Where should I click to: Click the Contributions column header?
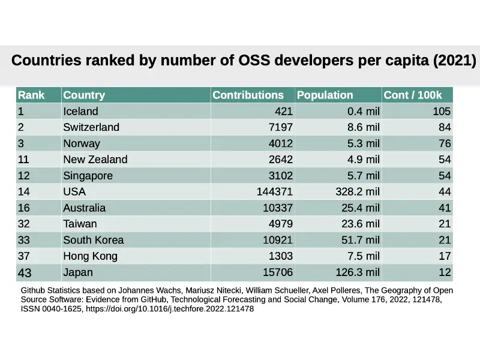pyautogui.click(x=248, y=95)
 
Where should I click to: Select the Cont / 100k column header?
pyautogui.click(x=412, y=95)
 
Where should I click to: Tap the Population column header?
pyautogui.click(x=325, y=95)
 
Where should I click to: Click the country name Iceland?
pyautogui.click(x=80, y=111)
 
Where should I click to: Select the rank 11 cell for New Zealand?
pyautogui.click(x=24, y=160)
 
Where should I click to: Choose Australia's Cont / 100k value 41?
pyautogui.click(x=444, y=208)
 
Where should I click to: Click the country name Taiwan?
pyautogui.click(x=80, y=224)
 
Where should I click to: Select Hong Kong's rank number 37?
pyautogui.click(x=24, y=256)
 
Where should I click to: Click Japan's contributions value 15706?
pyautogui.click(x=278, y=272)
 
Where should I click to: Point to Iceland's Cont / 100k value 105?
pyautogui.click(x=442, y=111)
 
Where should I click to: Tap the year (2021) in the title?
pyautogui.click(x=455, y=61)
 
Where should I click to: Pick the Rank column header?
pyautogui.click(x=31, y=95)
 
